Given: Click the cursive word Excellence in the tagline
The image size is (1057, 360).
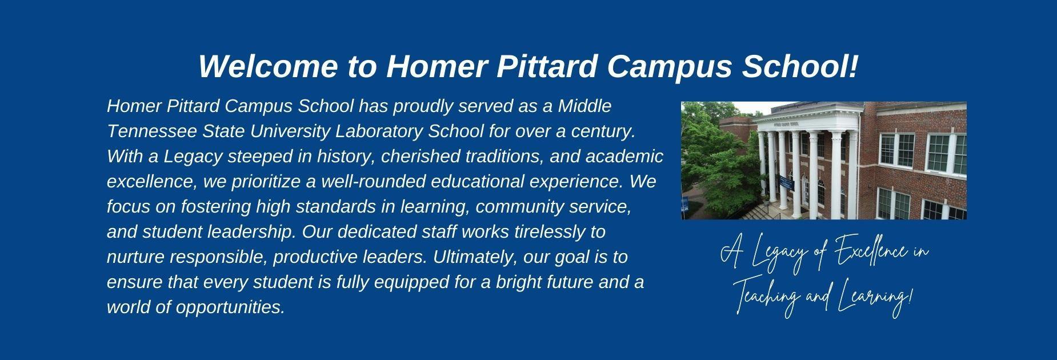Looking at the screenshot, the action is click(x=868, y=254).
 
